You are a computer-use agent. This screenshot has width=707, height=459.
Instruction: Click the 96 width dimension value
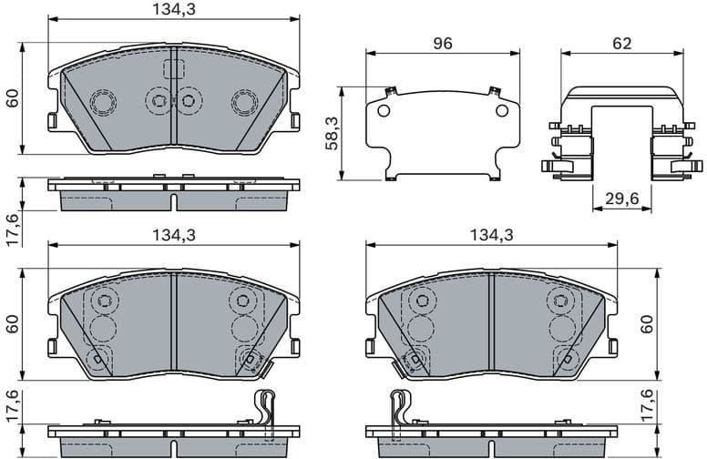(x=442, y=44)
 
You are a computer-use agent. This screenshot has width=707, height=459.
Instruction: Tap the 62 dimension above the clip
(x=622, y=44)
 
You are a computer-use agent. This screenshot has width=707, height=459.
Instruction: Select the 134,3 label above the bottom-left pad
(x=173, y=235)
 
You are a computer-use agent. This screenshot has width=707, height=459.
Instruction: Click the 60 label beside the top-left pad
(x=13, y=98)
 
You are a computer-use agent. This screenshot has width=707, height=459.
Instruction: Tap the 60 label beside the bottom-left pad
(x=13, y=324)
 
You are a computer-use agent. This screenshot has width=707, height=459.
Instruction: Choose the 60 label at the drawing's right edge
(x=648, y=324)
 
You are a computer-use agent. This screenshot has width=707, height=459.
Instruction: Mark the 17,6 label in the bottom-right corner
(x=648, y=406)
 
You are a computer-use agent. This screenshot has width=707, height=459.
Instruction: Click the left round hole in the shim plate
(x=384, y=111)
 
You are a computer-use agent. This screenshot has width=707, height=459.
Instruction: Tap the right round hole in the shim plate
(x=501, y=111)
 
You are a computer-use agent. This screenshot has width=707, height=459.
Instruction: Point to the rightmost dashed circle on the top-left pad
(x=243, y=101)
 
